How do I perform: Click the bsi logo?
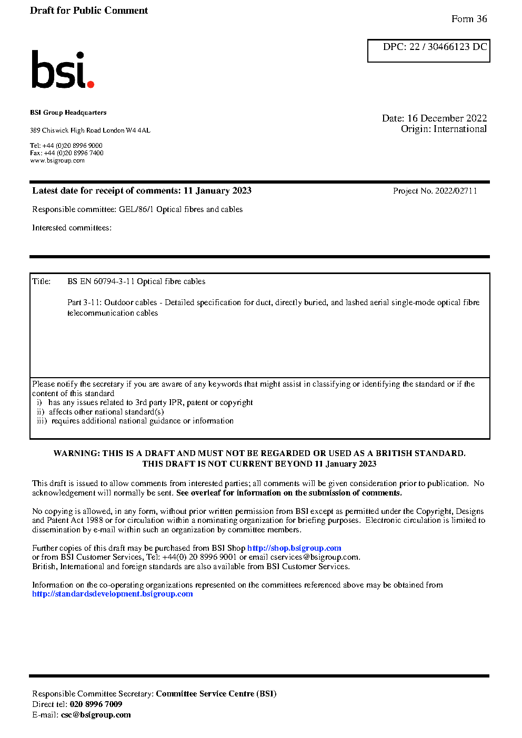click(62, 69)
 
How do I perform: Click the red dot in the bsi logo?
click(91, 84)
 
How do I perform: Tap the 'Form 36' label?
click(469, 19)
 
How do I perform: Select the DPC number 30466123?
click(448, 47)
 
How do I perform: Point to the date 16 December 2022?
click(447, 118)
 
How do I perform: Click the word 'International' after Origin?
click(460, 129)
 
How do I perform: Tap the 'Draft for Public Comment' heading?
click(89, 11)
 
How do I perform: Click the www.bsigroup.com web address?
click(57, 160)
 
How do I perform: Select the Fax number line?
click(67, 153)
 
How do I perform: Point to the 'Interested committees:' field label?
click(72, 228)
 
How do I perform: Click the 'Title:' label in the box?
click(42, 281)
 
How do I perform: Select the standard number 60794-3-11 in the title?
click(114, 281)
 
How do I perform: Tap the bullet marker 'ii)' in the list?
click(41, 412)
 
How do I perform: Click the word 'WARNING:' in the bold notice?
click(77, 453)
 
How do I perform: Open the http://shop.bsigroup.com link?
click(294, 548)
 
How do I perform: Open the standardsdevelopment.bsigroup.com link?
click(113, 594)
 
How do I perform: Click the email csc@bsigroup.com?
click(96, 715)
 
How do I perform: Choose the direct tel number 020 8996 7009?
click(96, 704)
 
